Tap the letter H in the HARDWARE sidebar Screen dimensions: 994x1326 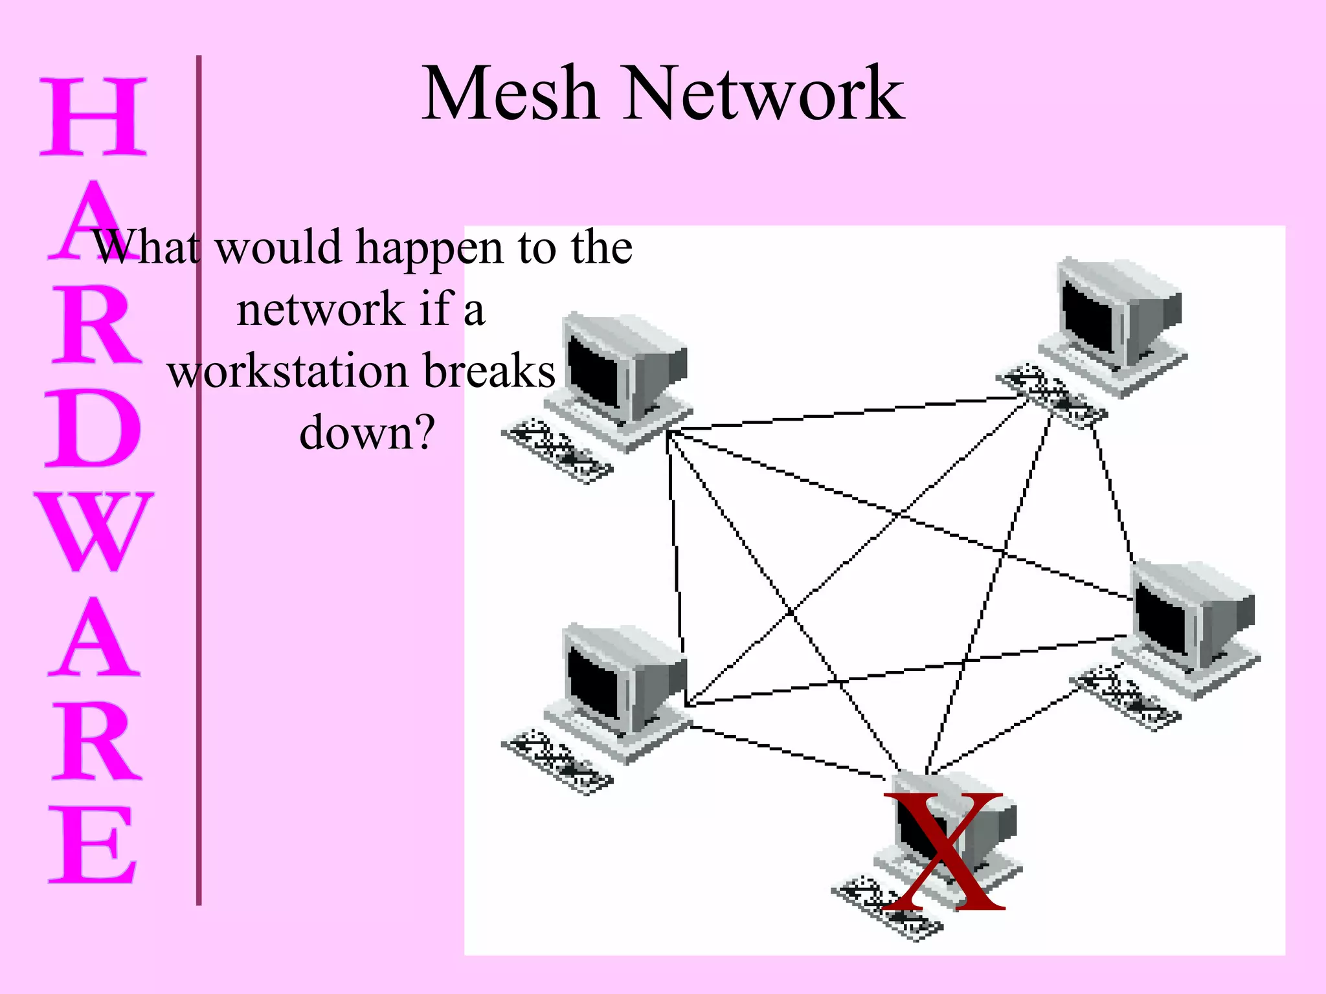pos(93,117)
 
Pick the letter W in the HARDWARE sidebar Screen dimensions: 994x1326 pos(94,531)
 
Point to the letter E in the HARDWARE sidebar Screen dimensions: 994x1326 pos(93,845)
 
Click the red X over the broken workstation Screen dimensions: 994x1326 pos(944,851)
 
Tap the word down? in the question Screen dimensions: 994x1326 pos(366,432)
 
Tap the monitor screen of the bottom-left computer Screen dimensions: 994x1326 pos(594,683)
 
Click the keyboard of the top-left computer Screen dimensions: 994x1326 pos(557,450)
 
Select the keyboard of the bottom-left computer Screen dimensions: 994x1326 pos(557,762)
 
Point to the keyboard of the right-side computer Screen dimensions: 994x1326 pos(1125,698)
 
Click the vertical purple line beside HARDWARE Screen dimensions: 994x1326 pos(199,479)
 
